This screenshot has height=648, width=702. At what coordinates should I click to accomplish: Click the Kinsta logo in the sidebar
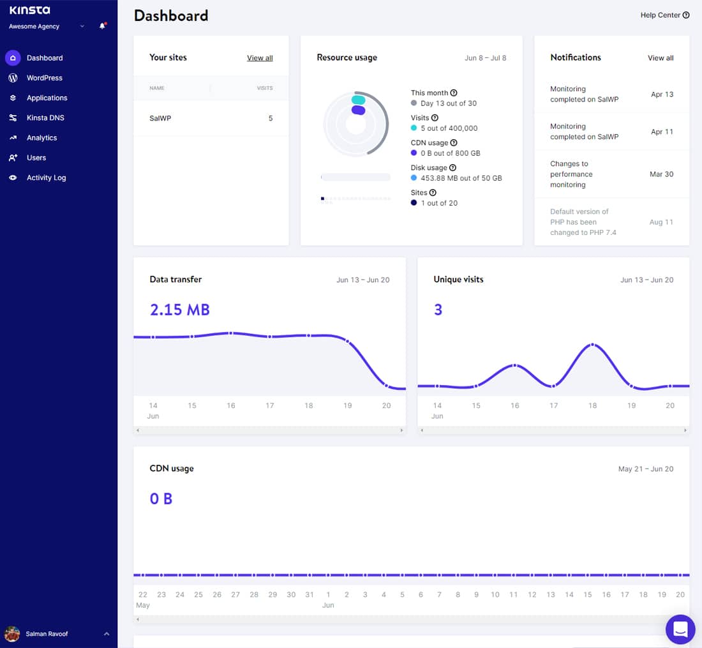coord(29,10)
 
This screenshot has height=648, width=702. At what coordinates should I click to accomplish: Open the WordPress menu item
coord(44,78)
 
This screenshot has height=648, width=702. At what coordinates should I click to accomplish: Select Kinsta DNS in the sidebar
coord(45,118)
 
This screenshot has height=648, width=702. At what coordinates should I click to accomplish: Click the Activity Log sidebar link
coord(46,177)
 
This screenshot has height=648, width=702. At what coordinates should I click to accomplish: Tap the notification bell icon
coord(102,26)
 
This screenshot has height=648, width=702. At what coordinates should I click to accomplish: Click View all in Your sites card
coord(260,58)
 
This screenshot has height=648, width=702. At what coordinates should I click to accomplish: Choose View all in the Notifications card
coord(661,58)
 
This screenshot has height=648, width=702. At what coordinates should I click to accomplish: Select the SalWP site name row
coord(160,118)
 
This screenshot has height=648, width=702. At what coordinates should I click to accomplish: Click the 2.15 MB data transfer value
coord(179,310)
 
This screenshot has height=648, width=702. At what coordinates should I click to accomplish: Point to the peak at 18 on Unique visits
coord(592,345)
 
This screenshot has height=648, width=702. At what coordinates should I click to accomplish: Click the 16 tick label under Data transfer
coord(231,405)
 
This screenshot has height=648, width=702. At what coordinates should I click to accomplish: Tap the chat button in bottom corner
coord(680,629)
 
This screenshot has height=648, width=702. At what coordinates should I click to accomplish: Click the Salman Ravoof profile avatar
coord(12,634)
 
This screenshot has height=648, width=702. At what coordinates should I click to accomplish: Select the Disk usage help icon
coord(452,168)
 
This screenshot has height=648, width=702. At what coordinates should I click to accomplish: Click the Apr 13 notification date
coord(662,94)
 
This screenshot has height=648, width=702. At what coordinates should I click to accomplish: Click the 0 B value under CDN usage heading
coord(161,499)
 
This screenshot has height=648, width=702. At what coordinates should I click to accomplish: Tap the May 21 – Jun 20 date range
coord(645,469)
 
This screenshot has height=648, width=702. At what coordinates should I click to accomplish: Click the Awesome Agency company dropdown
coord(47,27)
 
